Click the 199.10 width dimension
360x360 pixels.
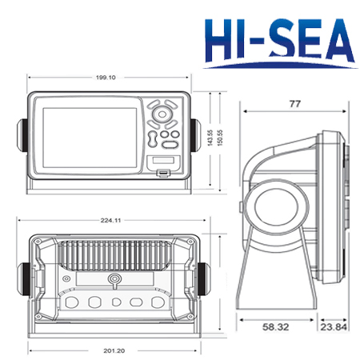click(106, 78)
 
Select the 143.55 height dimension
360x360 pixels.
click(210, 138)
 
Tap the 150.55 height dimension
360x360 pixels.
click(219, 138)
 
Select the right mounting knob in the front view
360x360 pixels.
click(195, 135)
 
